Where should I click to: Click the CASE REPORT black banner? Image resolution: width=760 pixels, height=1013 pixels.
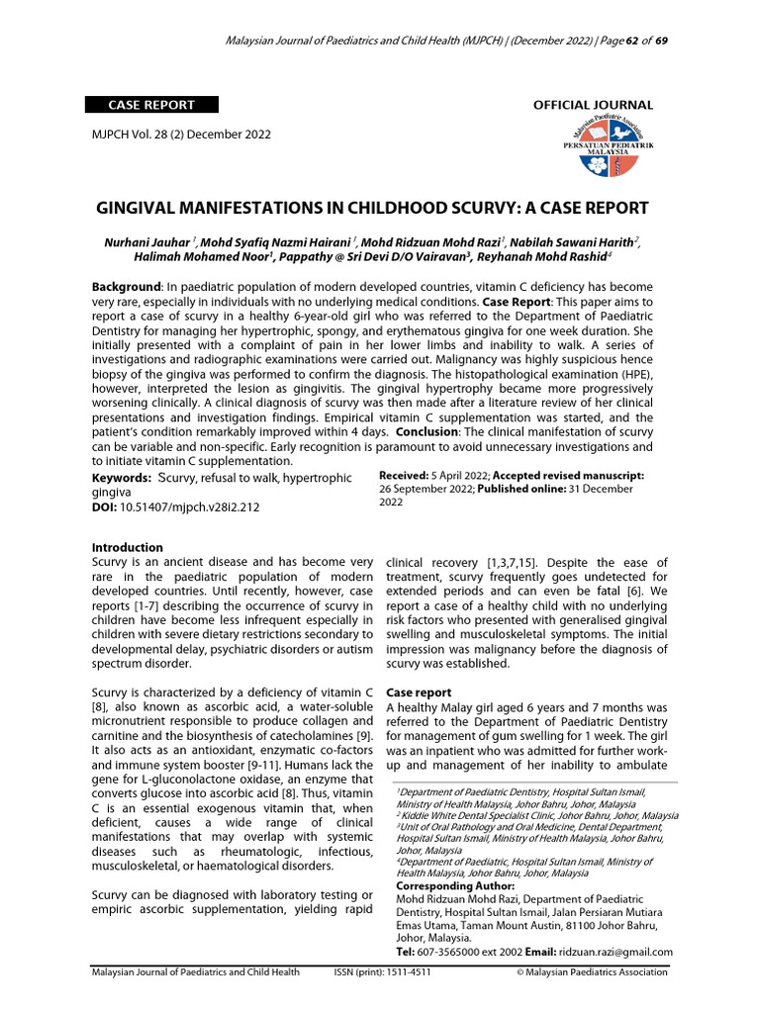[x=150, y=105]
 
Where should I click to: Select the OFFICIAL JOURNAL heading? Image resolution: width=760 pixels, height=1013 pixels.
[x=593, y=105]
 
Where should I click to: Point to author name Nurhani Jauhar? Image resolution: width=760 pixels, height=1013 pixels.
[x=147, y=241]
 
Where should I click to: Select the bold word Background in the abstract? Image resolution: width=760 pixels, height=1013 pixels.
[x=126, y=285]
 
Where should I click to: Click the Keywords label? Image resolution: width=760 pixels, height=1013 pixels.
[x=122, y=478]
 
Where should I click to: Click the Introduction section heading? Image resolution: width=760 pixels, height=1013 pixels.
[x=128, y=547]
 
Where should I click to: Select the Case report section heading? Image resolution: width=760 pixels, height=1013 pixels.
[x=419, y=692]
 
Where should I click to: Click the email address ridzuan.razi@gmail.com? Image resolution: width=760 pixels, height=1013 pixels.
[x=616, y=952]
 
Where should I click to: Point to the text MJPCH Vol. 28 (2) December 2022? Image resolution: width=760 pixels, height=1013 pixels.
[x=181, y=135]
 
